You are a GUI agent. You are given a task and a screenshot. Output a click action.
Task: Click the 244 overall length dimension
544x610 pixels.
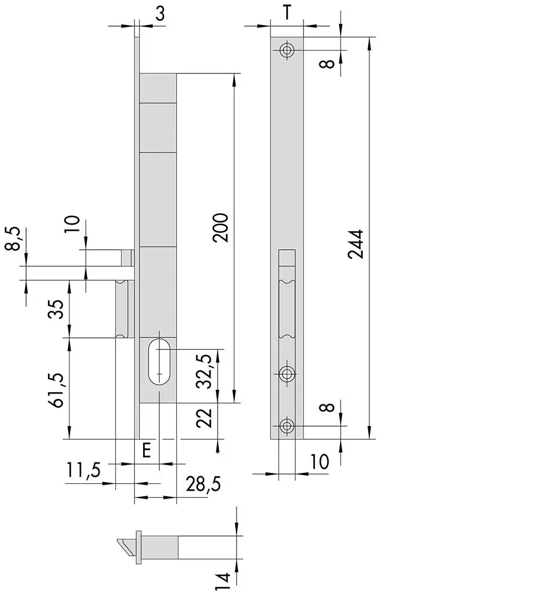tap(355, 244)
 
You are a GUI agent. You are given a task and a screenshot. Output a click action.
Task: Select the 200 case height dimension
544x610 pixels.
tap(220, 227)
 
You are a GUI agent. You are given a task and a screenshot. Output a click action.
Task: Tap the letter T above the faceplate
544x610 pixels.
tap(287, 13)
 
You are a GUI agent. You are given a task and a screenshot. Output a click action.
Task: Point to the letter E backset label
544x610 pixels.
tap(146, 451)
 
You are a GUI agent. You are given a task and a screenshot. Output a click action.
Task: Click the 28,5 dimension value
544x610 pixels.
tap(203, 484)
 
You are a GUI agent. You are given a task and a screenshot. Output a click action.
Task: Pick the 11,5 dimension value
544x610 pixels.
tap(83, 470)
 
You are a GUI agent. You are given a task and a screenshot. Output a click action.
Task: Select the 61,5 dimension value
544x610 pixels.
tap(57, 390)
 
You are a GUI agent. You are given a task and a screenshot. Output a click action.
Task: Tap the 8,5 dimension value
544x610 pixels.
tap(13, 238)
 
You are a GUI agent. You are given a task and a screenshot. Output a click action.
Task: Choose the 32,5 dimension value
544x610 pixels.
tap(205, 372)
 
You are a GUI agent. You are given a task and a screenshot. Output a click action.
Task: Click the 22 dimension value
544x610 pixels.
tap(204, 418)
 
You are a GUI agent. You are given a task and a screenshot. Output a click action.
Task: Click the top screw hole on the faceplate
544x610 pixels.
tap(287, 50)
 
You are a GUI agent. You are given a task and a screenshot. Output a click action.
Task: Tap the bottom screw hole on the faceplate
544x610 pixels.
tap(287, 426)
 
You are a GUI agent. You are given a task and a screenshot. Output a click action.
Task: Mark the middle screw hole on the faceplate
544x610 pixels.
tap(287, 374)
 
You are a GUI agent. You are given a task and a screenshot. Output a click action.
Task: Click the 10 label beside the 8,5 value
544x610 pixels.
tap(72, 224)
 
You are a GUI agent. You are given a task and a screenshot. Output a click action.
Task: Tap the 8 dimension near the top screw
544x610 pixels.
tap(327, 64)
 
